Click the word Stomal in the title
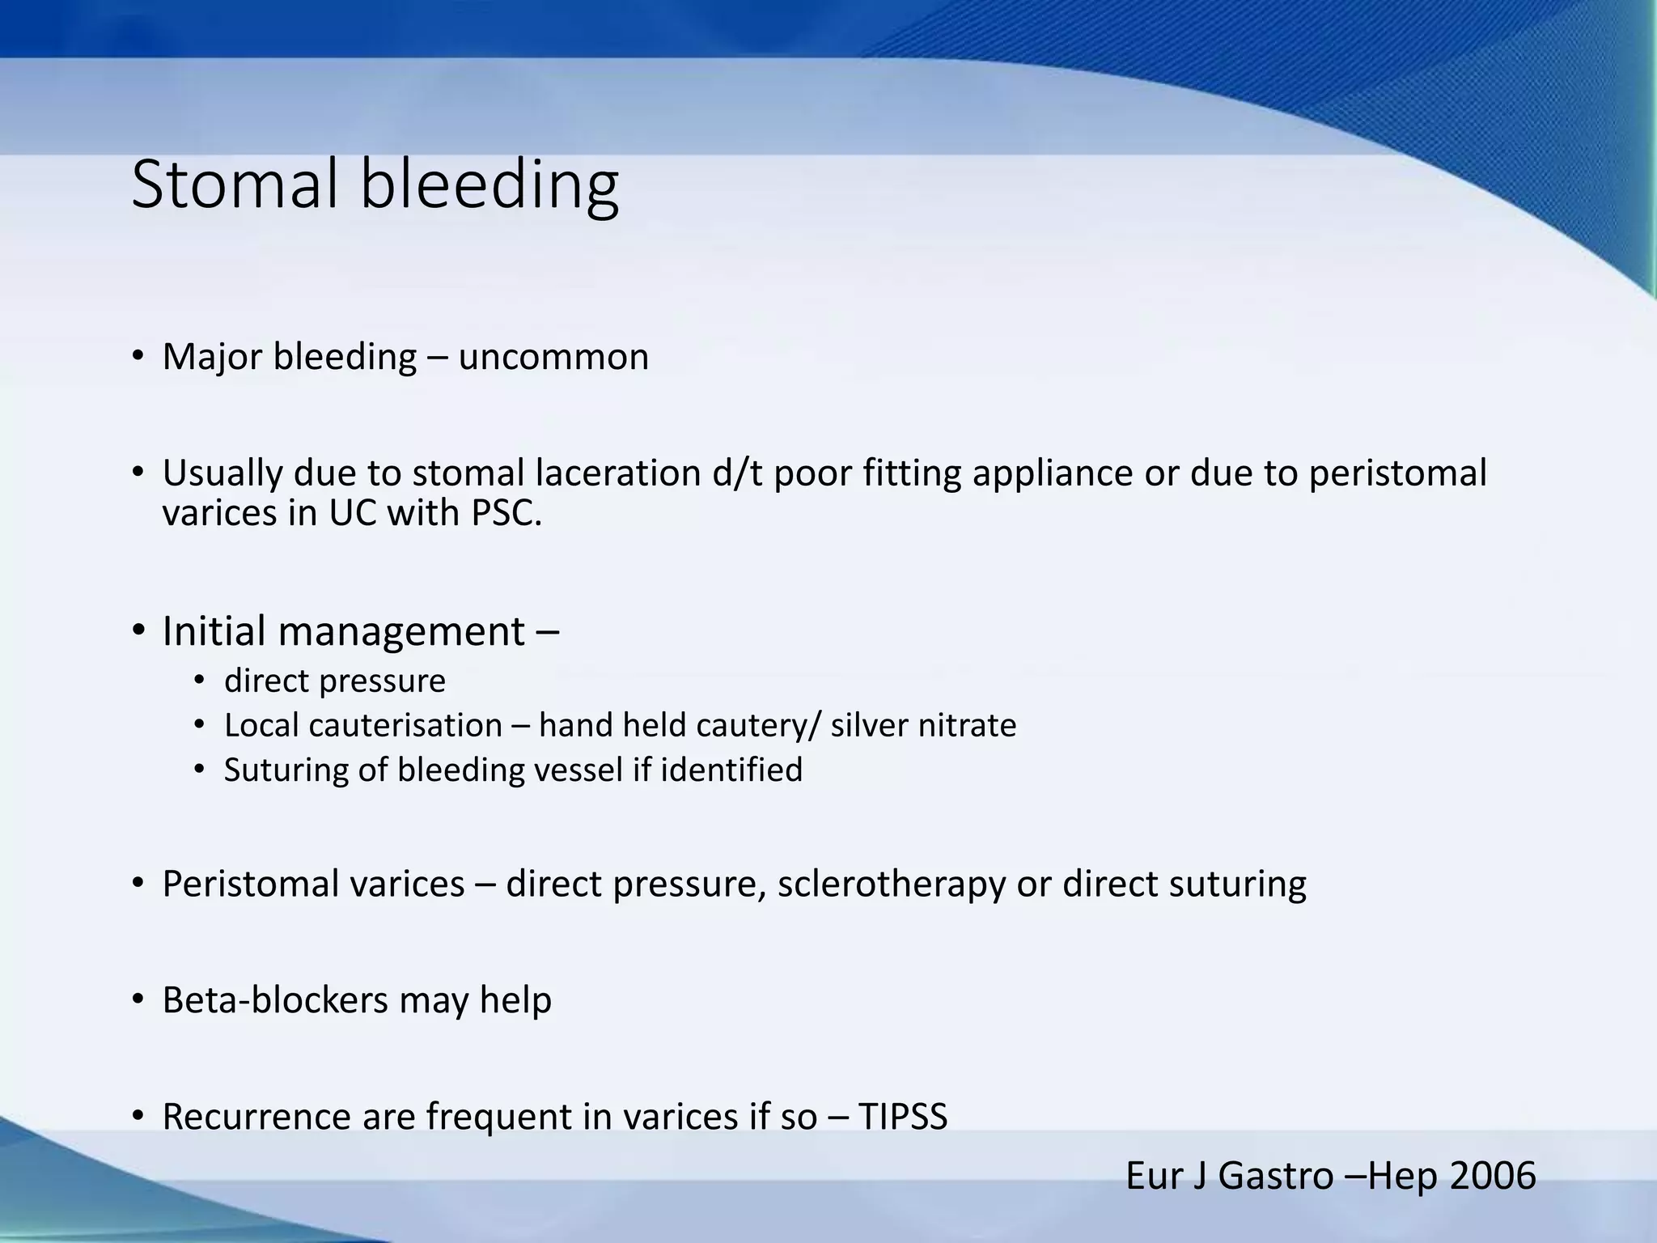(x=234, y=185)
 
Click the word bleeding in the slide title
(x=489, y=185)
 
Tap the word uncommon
(x=553, y=357)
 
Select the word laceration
(x=618, y=473)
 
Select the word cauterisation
(x=405, y=725)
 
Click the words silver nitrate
(x=923, y=725)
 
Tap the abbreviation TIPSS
(x=902, y=1117)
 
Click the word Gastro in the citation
(x=1275, y=1176)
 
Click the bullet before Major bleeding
(x=138, y=356)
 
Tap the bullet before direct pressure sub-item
(x=200, y=681)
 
